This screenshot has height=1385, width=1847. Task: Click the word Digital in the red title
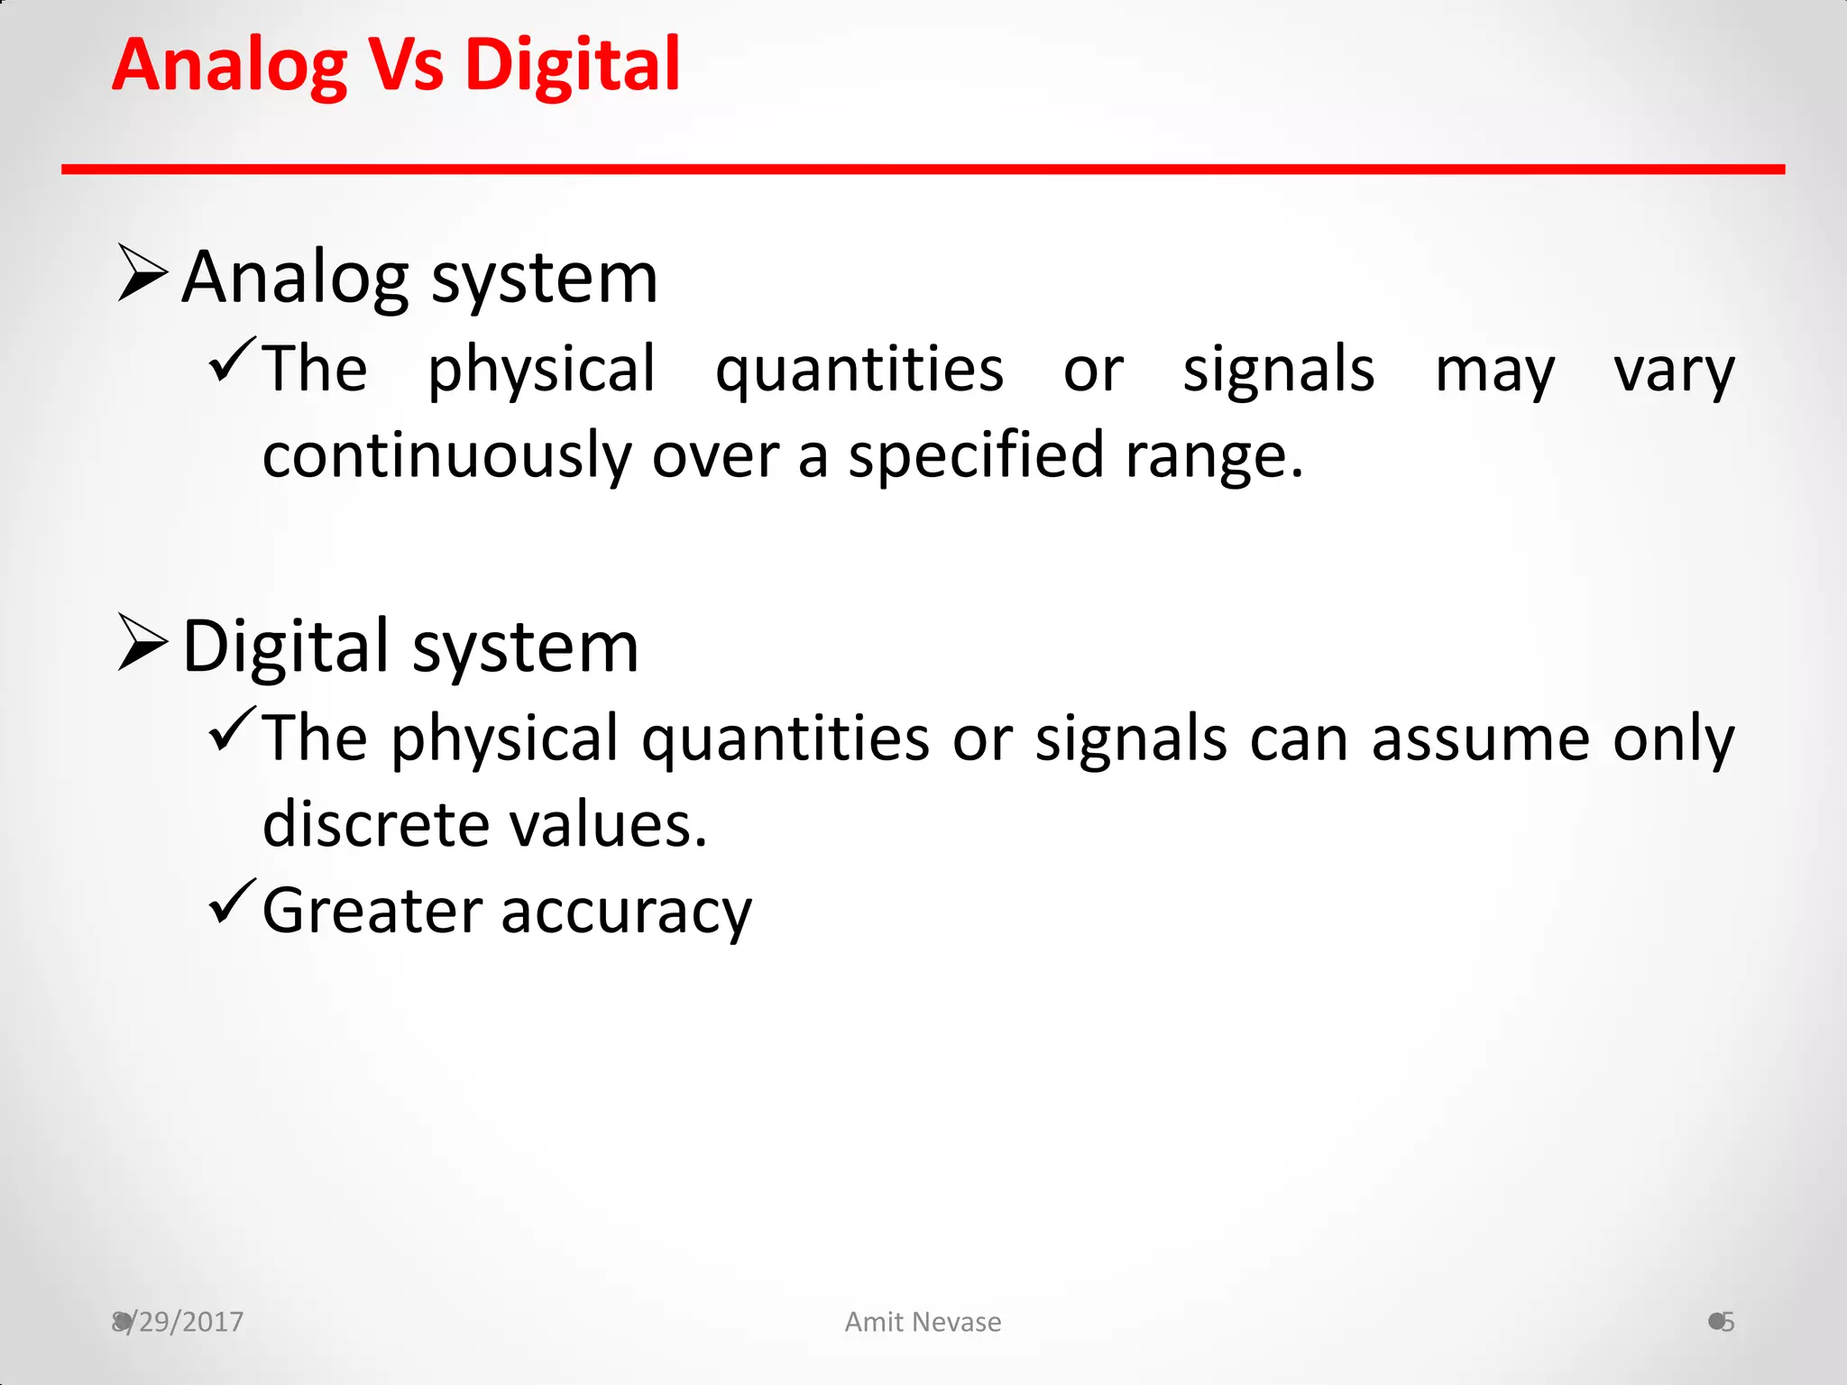(572, 66)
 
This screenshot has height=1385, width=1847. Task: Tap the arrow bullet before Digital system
(142, 642)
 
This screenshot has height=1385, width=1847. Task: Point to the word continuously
(447, 455)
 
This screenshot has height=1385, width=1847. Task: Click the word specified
(976, 455)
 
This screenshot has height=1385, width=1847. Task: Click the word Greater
(372, 911)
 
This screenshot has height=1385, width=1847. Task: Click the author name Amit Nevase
(923, 1322)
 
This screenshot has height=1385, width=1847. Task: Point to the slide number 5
(1727, 1322)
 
